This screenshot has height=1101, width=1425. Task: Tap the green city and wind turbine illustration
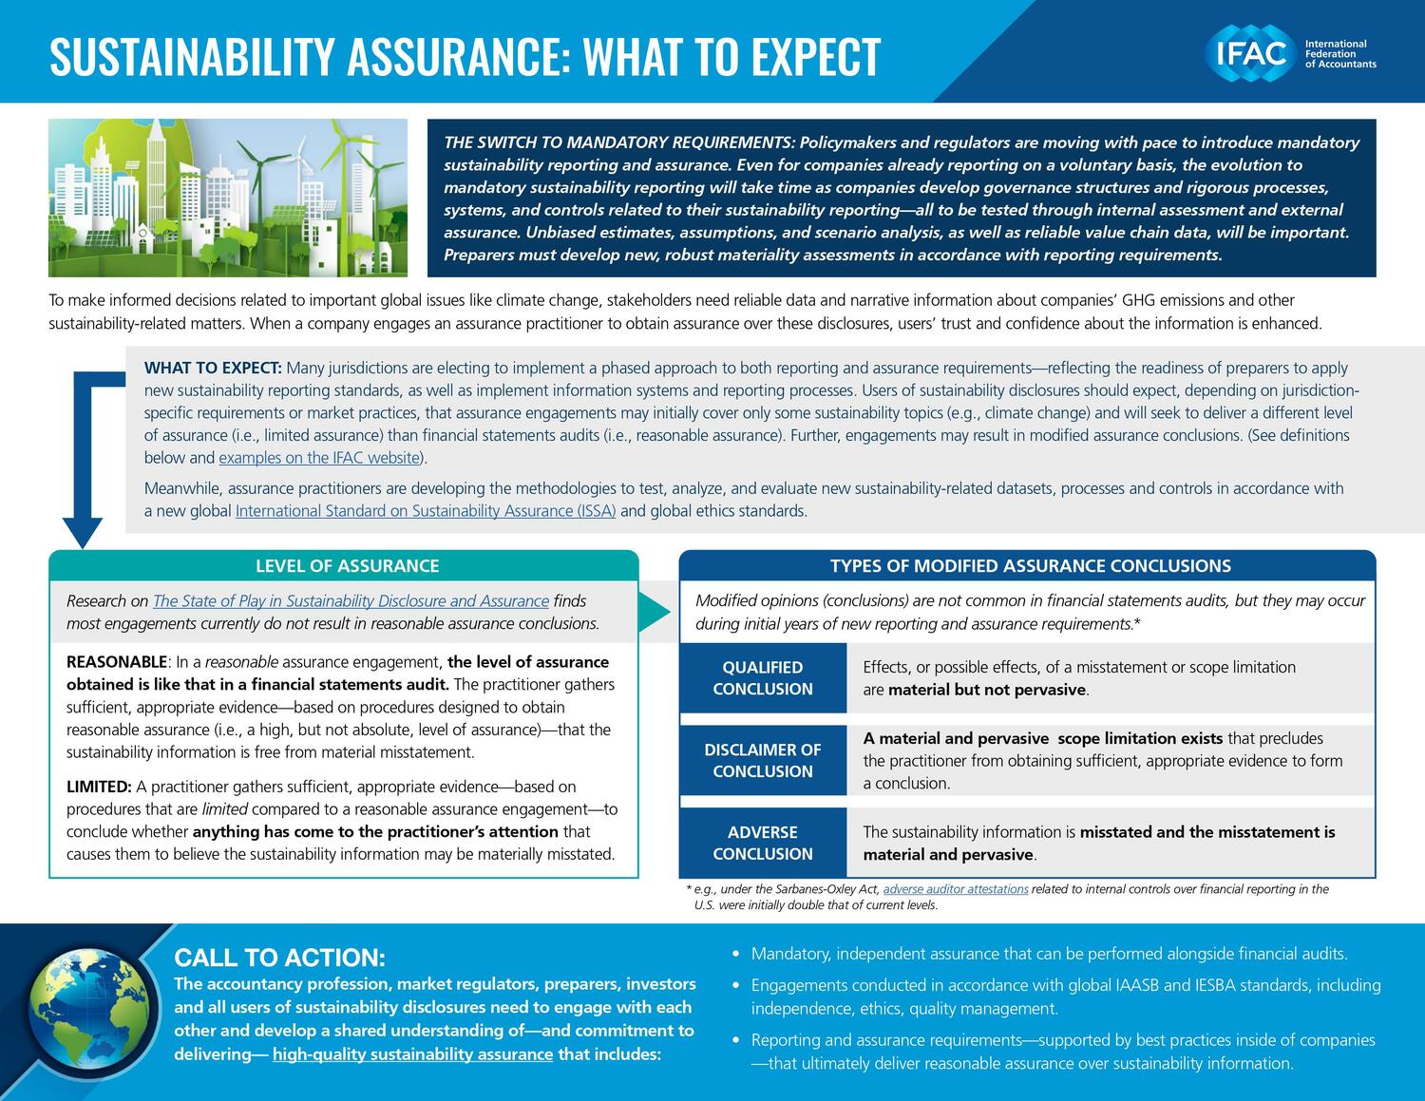click(x=228, y=198)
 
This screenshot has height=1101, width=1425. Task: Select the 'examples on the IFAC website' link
click(x=319, y=458)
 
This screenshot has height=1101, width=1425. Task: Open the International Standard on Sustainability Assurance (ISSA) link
click(x=426, y=511)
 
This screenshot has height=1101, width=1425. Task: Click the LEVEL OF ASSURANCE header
click(x=347, y=566)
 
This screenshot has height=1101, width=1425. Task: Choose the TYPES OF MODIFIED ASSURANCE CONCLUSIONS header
click(x=1030, y=566)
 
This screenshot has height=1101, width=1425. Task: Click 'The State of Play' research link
click(x=351, y=601)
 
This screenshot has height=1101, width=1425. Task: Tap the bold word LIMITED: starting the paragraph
click(x=99, y=787)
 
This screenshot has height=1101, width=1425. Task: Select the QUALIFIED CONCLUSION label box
click(x=763, y=678)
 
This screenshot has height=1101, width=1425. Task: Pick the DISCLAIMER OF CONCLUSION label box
click(x=763, y=761)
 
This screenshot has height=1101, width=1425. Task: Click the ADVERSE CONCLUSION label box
click(x=763, y=843)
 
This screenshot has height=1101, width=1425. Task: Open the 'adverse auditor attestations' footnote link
click(x=955, y=889)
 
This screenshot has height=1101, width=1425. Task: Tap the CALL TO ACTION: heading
click(x=279, y=957)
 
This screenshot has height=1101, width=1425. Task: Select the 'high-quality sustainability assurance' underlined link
click(x=412, y=1054)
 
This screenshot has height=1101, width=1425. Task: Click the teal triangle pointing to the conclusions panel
click(x=654, y=613)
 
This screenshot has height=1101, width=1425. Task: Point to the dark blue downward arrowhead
click(x=83, y=533)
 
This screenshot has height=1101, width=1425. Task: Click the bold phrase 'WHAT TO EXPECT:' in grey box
click(x=213, y=368)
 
